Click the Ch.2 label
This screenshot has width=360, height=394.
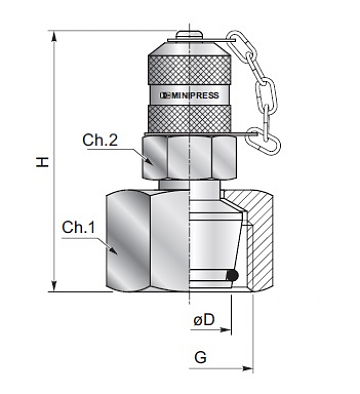tap(100, 140)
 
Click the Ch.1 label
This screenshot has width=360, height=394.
tap(79, 228)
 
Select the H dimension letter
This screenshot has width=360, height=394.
tap(43, 162)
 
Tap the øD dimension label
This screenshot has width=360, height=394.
tap(204, 320)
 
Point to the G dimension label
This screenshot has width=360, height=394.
tap(200, 357)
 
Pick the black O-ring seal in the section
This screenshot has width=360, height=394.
tap(233, 276)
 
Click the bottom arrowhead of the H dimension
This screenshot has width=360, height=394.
tap(54, 286)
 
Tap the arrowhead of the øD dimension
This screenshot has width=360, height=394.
tap(226, 330)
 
